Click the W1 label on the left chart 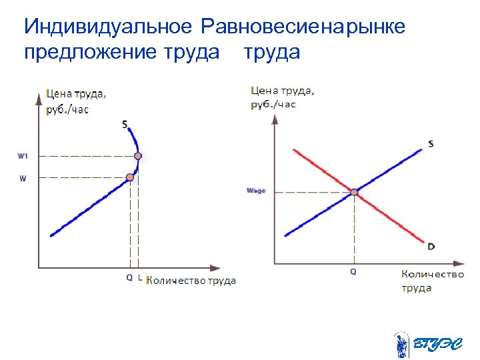click(x=22, y=156)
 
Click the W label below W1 click(x=23, y=178)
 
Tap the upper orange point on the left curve click(x=137, y=156)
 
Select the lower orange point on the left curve click(x=130, y=177)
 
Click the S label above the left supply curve click(x=125, y=123)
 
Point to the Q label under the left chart click(x=129, y=278)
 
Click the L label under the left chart click(x=139, y=278)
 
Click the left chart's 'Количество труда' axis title click(x=191, y=281)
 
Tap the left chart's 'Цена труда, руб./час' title click(x=76, y=101)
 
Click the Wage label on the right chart click(x=256, y=191)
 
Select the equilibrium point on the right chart click(x=355, y=193)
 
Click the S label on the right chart click(x=431, y=143)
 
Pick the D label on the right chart click(x=431, y=247)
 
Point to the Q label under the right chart click(x=353, y=272)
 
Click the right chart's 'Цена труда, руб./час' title click(x=283, y=97)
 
